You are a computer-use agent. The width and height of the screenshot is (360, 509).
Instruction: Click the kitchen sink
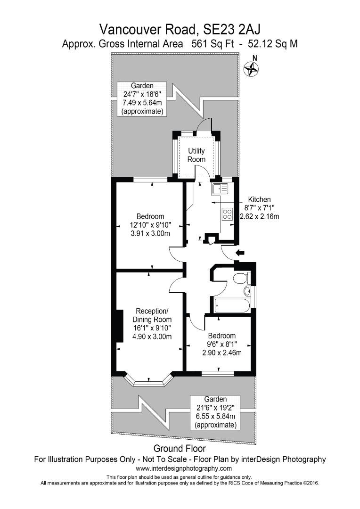pos(220,189)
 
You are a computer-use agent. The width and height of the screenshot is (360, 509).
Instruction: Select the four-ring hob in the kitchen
pos(227,214)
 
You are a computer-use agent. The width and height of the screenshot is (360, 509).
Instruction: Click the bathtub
pos(232,305)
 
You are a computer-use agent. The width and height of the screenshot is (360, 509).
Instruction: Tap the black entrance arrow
pos(240,254)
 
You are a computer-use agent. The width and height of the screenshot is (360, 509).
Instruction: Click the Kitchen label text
pos(259,200)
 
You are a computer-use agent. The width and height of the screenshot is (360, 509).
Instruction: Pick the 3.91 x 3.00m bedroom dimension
pos(150,233)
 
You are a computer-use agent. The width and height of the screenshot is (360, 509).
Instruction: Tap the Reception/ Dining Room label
pos(152,315)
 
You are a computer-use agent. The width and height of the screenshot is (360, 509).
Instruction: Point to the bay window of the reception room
pos(149,380)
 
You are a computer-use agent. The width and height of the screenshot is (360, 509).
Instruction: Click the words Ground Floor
pos(180,449)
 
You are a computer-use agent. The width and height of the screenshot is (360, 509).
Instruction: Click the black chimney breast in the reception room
pos(120,326)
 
